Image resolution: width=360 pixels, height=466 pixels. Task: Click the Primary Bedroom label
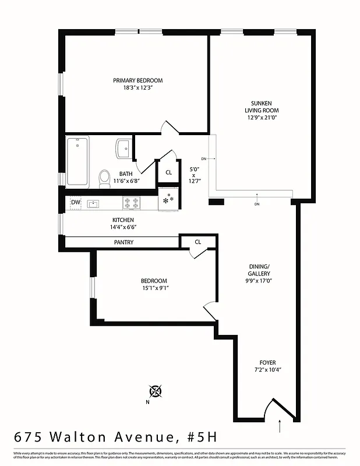[x=137, y=80]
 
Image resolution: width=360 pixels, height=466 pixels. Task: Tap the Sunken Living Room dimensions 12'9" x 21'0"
[x=261, y=118]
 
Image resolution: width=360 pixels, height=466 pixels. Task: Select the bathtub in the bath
[x=77, y=161]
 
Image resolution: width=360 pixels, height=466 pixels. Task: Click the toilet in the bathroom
[x=105, y=178]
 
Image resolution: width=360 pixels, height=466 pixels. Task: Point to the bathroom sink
[x=124, y=148]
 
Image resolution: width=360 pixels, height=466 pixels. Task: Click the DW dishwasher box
[x=76, y=203]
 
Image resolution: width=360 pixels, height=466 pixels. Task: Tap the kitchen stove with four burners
[x=132, y=203]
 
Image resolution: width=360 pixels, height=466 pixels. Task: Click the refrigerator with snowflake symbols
[x=168, y=199]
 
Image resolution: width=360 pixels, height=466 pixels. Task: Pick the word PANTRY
[x=123, y=242]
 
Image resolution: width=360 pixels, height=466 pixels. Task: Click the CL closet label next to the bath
[x=168, y=172]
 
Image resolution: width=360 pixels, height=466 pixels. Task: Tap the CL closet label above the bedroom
[x=197, y=242]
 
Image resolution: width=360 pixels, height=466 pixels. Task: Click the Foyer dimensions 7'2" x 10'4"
[x=268, y=370]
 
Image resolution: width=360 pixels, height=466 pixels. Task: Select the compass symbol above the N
[x=156, y=391]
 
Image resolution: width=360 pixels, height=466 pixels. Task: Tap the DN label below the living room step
[x=257, y=204]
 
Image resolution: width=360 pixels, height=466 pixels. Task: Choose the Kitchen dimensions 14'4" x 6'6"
[x=123, y=227]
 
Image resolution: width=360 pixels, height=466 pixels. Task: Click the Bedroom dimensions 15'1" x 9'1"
[x=154, y=287]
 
